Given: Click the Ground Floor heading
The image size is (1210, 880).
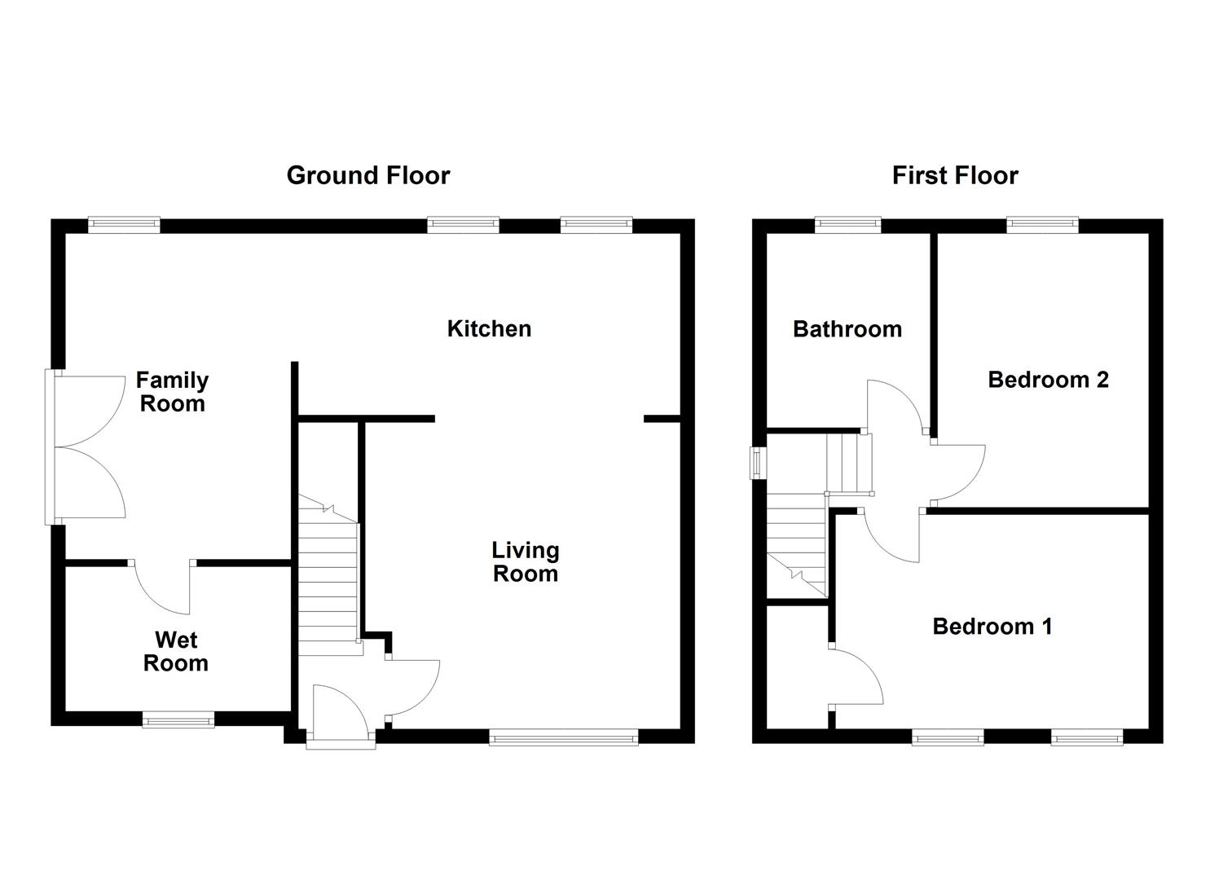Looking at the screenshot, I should point(367,175).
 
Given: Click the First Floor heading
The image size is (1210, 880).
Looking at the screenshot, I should point(954,175).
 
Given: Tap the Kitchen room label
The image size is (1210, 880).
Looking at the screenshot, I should point(489,328).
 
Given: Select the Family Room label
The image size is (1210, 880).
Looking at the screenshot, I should point(172,392).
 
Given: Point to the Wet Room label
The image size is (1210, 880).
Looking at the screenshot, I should point(175,652).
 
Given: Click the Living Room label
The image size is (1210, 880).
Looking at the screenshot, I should point(526,561).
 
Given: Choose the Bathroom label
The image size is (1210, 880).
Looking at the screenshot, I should point(847,329).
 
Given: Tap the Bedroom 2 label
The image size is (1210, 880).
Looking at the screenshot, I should point(1048,380).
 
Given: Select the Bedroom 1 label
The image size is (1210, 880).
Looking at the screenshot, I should point(992,627).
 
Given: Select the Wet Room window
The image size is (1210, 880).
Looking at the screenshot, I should point(178,719).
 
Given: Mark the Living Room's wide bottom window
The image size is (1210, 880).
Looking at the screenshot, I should point(563,738).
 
